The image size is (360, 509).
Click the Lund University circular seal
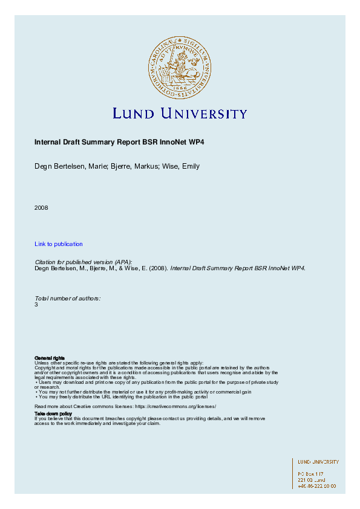[180, 66]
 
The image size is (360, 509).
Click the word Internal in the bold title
[47, 143]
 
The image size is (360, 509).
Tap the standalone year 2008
[41, 208]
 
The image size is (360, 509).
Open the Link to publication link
[59, 244]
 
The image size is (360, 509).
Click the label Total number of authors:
[67, 299]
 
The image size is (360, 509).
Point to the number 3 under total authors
[36, 305]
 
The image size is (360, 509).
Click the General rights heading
[50, 358]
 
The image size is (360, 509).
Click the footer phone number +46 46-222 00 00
[316, 486]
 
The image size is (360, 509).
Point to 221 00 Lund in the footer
[311, 480]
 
